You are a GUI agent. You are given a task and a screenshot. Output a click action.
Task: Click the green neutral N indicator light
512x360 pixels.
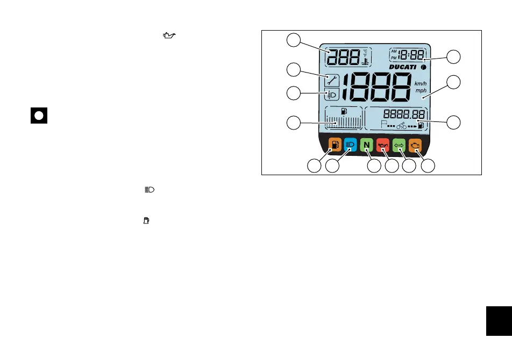366,145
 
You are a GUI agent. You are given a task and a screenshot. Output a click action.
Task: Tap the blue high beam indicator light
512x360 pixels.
350,145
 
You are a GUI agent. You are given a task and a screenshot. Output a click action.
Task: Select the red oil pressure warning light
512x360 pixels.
383,145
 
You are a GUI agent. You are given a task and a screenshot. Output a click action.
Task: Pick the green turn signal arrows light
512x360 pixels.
399,145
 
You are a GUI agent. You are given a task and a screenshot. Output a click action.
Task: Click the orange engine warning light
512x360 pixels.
415,145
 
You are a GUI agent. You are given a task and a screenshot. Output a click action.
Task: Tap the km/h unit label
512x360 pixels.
420,84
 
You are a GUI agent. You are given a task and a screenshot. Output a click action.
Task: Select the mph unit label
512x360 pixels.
420,91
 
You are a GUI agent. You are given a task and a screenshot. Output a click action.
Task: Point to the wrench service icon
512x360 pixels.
331,81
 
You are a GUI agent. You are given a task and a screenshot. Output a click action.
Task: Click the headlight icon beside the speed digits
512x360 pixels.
331,95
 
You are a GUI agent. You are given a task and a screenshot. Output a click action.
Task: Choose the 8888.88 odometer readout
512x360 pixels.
404,114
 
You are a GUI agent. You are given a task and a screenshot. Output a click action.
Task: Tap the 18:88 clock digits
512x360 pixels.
411,55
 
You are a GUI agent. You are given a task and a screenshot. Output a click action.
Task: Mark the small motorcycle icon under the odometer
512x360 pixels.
401,126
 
